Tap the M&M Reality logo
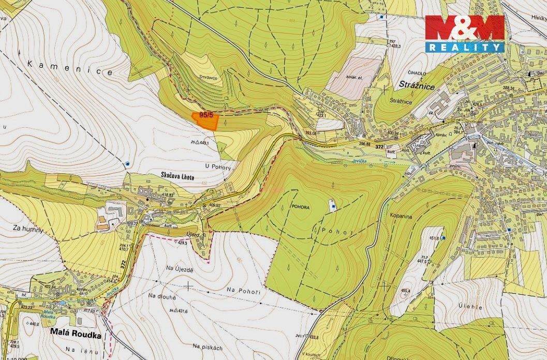coord(464,33)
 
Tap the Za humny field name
coord(29,228)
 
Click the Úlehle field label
coord(469,307)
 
